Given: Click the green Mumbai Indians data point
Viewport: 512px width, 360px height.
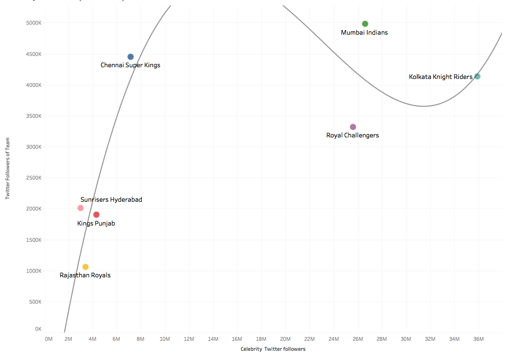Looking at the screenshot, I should [x=365, y=24].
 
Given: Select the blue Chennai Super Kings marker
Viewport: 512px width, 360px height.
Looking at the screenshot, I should [x=131, y=57].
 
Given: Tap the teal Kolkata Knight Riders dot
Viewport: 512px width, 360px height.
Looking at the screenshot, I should [x=477, y=76].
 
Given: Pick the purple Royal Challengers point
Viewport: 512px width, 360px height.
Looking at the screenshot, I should [x=353, y=127].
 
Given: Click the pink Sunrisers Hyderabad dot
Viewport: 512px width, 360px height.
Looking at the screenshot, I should [x=81, y=208].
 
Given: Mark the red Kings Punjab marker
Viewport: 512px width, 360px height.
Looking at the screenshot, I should [x=96, y=215].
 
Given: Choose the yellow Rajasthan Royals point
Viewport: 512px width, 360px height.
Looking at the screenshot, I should [x=86, y=267].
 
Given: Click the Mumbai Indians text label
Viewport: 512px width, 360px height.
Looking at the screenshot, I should [x=364, y=33].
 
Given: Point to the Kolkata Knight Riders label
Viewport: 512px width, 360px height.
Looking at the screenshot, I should [x=441, y=77].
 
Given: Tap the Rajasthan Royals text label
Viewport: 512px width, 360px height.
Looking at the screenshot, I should [x=85, y=275].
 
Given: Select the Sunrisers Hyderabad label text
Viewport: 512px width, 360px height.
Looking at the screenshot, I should [x=111, y=200].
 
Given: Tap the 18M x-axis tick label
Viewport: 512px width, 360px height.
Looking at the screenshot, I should [x=261, y=339].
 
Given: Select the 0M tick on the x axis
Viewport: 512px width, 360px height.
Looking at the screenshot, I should [x=48, y=339].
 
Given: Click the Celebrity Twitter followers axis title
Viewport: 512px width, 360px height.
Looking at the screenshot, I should [x=273, y=349].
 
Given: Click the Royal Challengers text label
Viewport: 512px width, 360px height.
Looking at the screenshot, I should [x=353, y=135].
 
